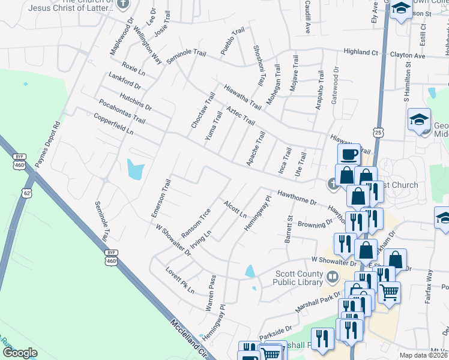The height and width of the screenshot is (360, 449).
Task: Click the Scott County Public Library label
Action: click(x=298, y=278)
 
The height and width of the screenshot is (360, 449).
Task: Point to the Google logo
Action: click(x=20, y=353)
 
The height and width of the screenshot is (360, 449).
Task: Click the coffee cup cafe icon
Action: click(x=348, y=155)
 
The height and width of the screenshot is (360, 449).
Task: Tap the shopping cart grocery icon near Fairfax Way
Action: click(x=390, y=292)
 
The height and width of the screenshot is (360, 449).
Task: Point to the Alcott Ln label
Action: click(x=234, y=209)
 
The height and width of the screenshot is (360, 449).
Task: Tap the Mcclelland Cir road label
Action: click(x=188, y=340)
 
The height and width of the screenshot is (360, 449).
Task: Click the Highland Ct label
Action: click(x=361, y=52)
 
